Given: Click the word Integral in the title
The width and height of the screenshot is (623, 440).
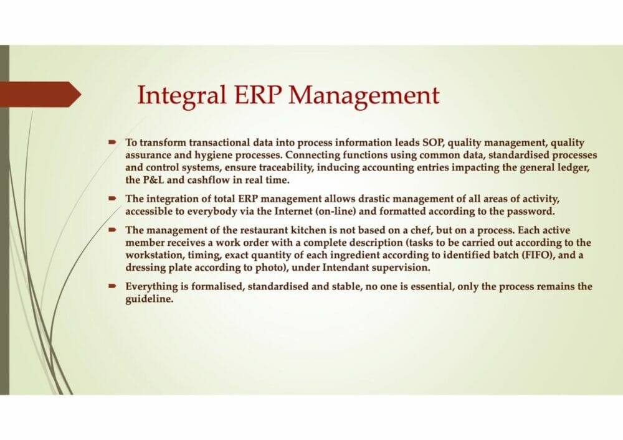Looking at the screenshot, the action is pyautogui.click(x=181, y=96).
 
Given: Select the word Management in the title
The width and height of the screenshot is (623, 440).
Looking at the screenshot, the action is pyautogui.click(x=364, y=96).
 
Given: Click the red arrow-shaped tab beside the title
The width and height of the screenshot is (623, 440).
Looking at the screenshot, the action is pyautogui.click(x=40, y=95).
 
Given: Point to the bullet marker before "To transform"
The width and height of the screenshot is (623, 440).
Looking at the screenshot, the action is pyautogui.click(x=112, y=141).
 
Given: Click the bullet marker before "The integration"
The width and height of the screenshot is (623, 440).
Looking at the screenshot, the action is pyautogui.click(x=112, y=197).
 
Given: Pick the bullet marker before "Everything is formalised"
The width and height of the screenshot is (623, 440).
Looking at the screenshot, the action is pyautogui.click(x=112, y=285).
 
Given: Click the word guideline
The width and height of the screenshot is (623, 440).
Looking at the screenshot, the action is pyautogui.click(x=150, y=299).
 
